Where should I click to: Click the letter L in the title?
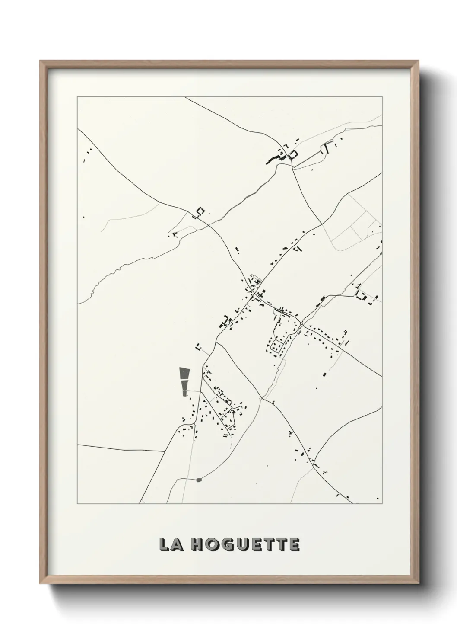tap(164, 544)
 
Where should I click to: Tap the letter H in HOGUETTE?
tap(196, 544)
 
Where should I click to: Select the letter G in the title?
tap(227, 544)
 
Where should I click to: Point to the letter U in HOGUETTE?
tap(242, 544)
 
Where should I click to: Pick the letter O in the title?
tap(211, 544)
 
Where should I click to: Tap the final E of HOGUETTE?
tap(294, 544)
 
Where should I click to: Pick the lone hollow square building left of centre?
tap(200, 211)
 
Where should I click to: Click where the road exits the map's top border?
tap(185, 97)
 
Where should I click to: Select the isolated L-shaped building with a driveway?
tap(198, 347)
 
